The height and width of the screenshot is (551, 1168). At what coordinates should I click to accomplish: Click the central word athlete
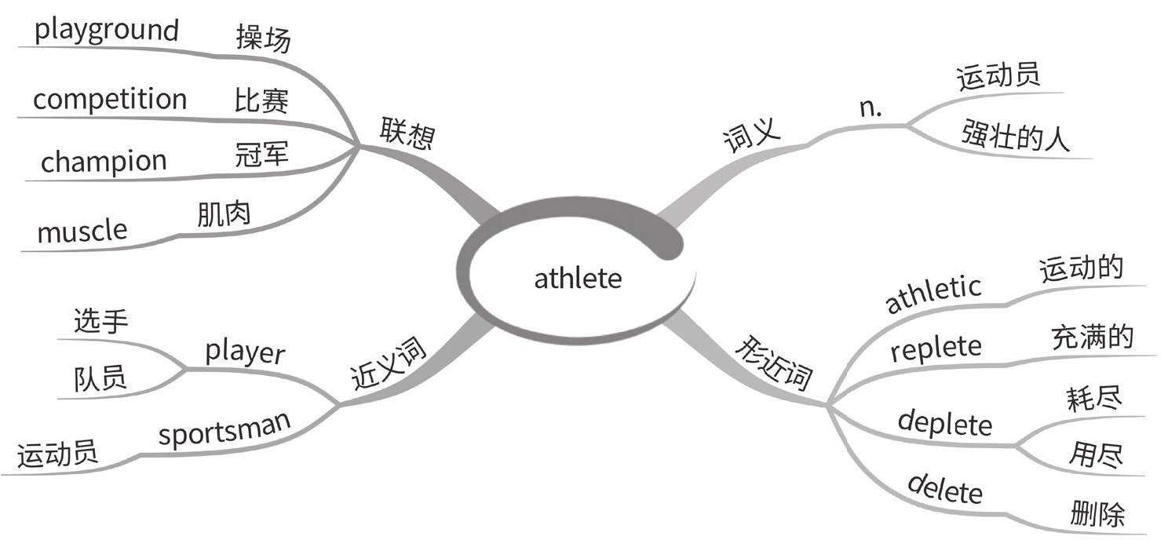(578, 279)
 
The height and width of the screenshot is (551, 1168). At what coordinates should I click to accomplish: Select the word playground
(107, 31)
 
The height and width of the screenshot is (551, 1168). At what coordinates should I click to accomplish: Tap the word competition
(110, 100)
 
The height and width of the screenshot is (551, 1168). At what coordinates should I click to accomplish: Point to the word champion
(104, 162)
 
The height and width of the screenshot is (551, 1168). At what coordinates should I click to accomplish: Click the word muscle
(82, 231)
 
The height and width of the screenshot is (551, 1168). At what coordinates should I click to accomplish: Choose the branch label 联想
(407, 133)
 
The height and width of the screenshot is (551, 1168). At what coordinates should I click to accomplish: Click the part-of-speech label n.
(871, 109)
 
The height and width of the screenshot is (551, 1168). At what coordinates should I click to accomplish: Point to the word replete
(936, 348)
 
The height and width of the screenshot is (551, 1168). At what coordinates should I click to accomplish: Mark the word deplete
(945, 423)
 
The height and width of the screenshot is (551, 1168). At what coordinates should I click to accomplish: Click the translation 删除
(1097, 514)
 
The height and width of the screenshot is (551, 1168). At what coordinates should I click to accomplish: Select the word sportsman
(224, 429)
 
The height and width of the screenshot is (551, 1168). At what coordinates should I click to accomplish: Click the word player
(245, 352)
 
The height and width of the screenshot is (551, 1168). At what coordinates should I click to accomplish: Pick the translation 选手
(100, 320)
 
